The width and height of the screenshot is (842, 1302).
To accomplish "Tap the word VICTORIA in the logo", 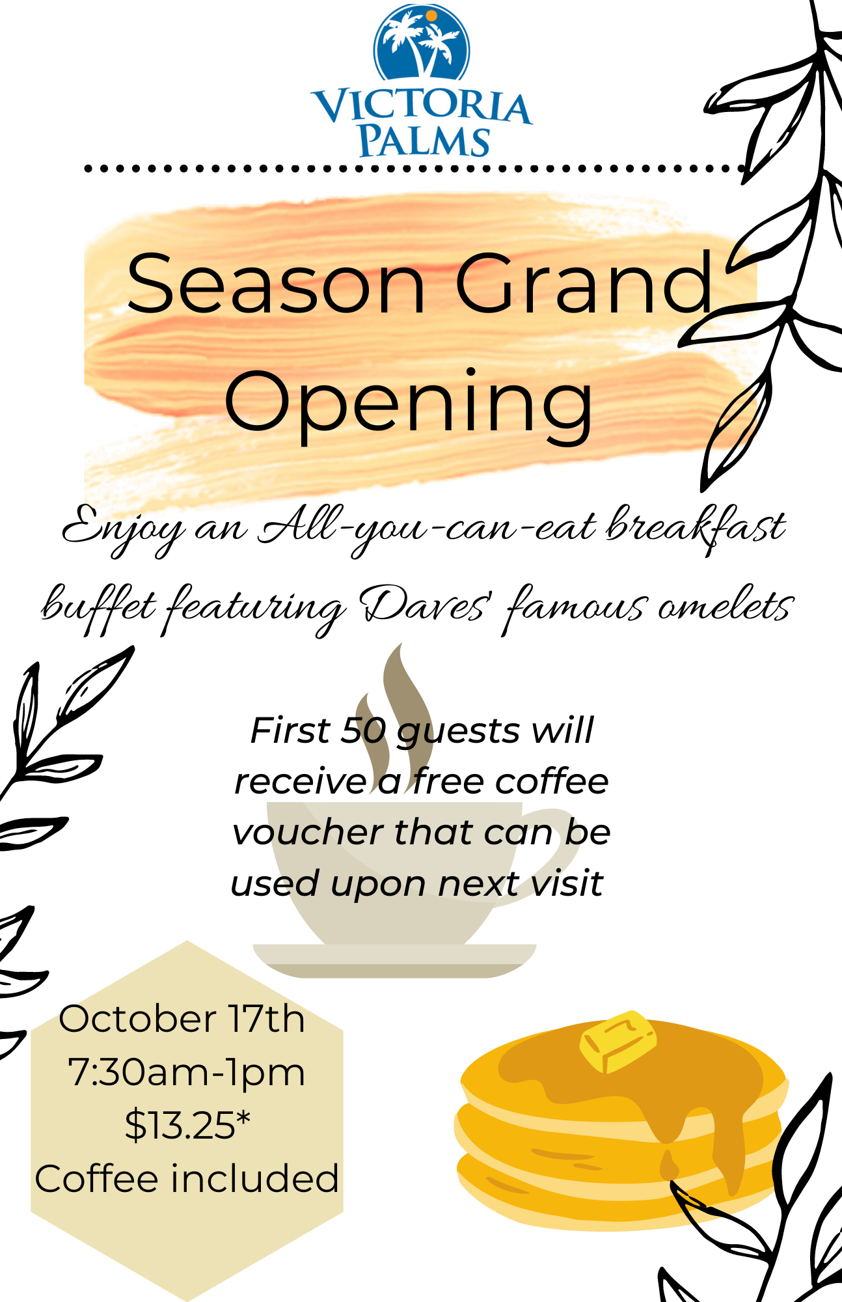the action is click(422, 106).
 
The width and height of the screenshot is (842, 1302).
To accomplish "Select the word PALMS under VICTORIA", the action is click(424, 140).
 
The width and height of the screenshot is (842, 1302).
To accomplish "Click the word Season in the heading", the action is click(277, 284).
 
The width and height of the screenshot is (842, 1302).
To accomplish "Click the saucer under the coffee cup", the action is click(394, 961).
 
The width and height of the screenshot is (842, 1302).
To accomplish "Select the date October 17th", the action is click(182, 1019).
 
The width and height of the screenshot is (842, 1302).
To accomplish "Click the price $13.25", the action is click(180, 1126).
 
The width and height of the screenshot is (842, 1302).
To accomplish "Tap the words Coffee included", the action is click(187, 1179).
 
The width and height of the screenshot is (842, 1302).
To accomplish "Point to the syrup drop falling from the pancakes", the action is click(668, 1163).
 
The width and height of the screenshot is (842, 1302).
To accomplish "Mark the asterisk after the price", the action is click(243, 1117).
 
